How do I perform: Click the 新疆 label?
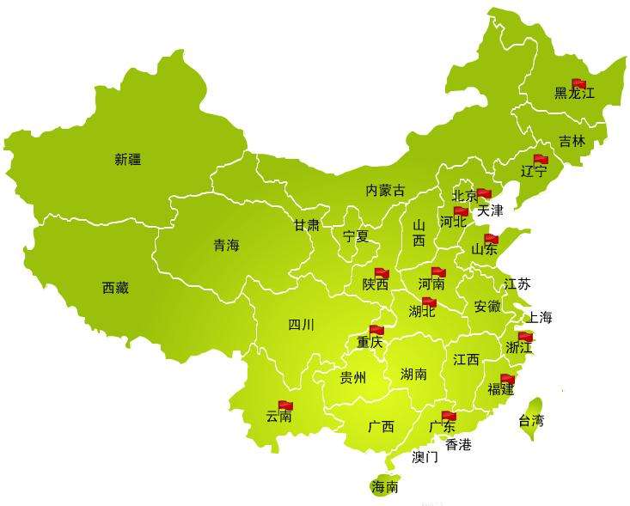click(x=127, y=159)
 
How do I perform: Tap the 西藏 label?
click(x=115, y=288)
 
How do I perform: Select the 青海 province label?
click(x=227, y=246)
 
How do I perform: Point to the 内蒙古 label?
click(x=384, y=190)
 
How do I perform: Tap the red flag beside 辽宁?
click(x=540, y=159)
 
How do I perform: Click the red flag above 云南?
click(x=285, y=405)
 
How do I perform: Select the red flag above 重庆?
click(x=376, y=329)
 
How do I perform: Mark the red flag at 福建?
click(x=508, y=378)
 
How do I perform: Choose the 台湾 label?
click(x=531, y=421)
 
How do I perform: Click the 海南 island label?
click(x=384, y=487)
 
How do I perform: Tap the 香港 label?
click(x=458, y=444)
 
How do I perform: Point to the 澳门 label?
click(x=425, y=457)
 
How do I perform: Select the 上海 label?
click(x=540, y=317)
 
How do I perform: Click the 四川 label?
click(x=301, y=325)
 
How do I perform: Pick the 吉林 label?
click(x=572, y=141)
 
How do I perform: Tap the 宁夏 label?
click(x=356, y=235)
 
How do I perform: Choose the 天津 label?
click(x=490, y=210)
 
